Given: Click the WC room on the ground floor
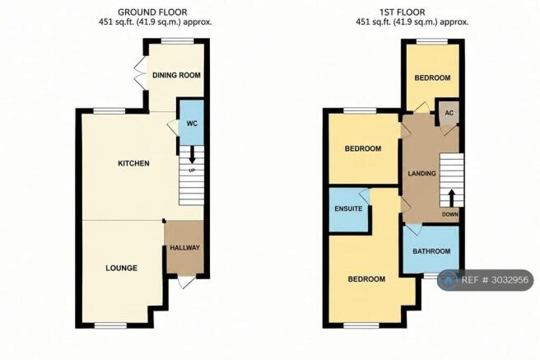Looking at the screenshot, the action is click(x=192, y=123).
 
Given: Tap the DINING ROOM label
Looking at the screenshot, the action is click(x=176, y=75).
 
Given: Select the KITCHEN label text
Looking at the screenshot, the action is click(x=133, y=163).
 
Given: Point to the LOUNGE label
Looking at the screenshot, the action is click(x=121, y=268).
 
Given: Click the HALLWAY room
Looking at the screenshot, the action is click(x=184, y=247).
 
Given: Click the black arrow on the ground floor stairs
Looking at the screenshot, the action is click(x=192, y=155).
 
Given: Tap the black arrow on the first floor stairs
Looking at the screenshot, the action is click(x=451, y=198).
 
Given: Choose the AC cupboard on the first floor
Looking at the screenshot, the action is click(x=449, y=113).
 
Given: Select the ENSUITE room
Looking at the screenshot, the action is click(x=348, y=209).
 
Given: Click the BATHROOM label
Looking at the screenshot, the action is click(x=431, y=251).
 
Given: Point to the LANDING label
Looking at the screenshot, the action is click(x=421, y=173).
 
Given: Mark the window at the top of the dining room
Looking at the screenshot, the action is click(x=178, y=41).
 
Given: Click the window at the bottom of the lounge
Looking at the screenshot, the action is click(x=110, y=325).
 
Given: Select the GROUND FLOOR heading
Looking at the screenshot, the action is click(x=152, y=12).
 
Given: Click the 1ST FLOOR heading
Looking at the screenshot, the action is click(x=403, y=12).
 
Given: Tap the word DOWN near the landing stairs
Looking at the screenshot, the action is click(x=450, y=214).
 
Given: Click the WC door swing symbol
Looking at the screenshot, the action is click(x=173, y=128).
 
